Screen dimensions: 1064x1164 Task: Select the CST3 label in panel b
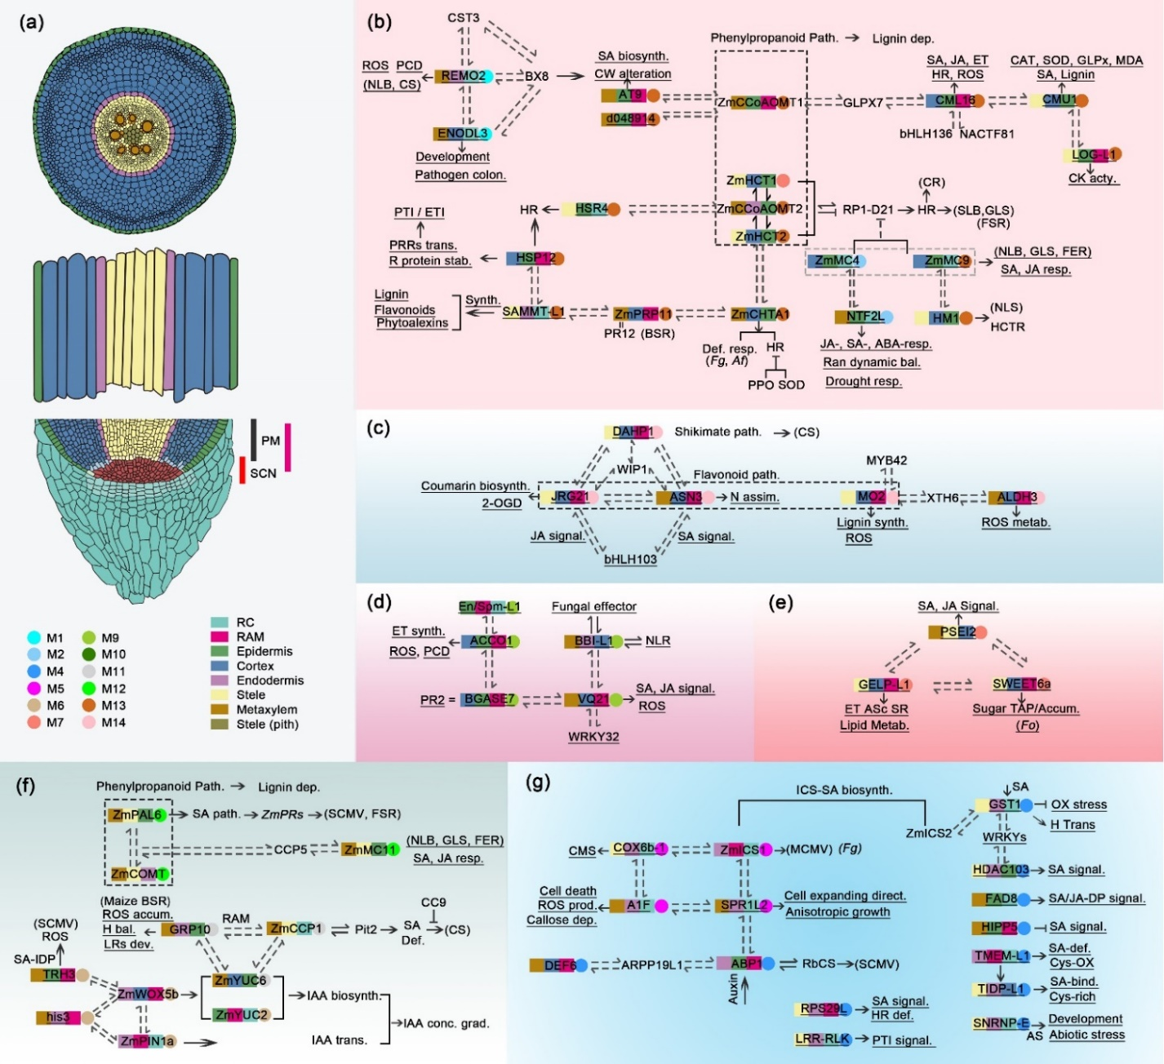[463, 17]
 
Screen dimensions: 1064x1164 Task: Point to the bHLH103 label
[630, 560]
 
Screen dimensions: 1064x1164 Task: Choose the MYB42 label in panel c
[886, 460]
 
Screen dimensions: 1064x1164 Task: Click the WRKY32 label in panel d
[593, 737]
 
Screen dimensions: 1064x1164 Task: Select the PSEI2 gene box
[953, 632]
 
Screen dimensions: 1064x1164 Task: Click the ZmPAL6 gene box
[133, 814]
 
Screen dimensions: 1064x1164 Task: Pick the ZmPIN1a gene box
[147, 1041]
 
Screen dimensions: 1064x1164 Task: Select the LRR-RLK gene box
[822, 1040]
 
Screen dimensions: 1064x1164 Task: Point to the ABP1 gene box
[740, 964]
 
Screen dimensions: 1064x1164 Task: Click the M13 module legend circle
[88, 705]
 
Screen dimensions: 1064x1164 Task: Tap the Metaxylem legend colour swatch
[220, 710]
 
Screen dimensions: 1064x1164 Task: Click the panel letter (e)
[781, 603]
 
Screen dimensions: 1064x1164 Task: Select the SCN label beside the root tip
[263, 473]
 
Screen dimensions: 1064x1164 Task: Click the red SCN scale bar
[242, 469]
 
